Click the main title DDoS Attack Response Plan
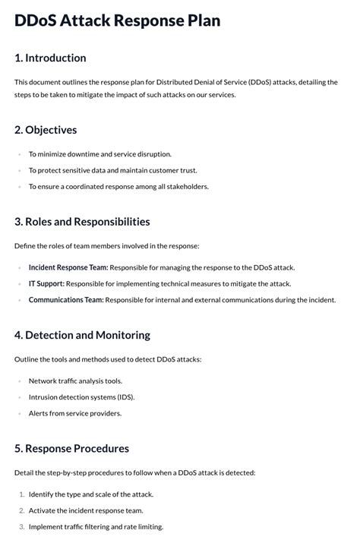coord(117,21)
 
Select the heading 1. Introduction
coord(50,58)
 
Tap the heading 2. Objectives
coord(46,130)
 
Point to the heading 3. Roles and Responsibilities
coord(82,222)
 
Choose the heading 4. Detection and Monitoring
coord(82,335)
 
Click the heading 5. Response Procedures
coord(71,448)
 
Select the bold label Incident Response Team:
coord(68,267)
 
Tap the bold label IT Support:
coord(46,284)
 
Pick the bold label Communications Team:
coord(66,300)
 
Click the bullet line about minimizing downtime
coord(100,154)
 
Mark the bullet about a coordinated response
coord(118,187)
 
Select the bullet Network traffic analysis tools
coord(75,381)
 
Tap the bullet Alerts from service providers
coord(75,413)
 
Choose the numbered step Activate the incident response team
coord(86,510)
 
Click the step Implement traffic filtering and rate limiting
coord(96,526)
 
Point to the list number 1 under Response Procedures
coord(21,494)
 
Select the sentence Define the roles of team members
coord(106,245)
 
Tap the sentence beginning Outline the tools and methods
coord(108,358)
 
